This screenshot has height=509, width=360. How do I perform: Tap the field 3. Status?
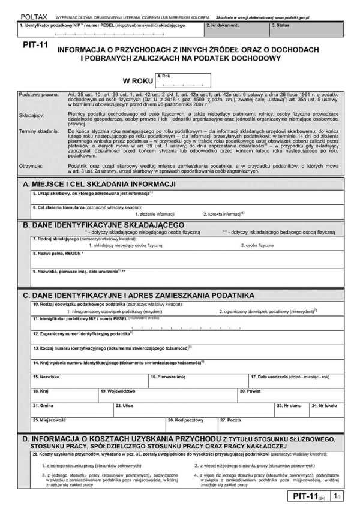pos(305,31)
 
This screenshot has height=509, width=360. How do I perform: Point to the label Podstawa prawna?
pos(38,95)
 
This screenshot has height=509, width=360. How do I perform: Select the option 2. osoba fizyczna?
pos(257,245)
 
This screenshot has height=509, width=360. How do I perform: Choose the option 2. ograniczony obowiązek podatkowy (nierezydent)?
pos(268,311)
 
